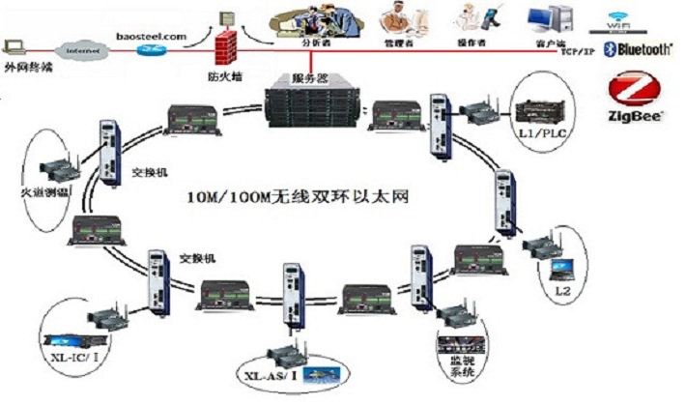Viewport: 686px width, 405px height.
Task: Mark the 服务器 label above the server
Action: pyautogui.click(x=311, y=75)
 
